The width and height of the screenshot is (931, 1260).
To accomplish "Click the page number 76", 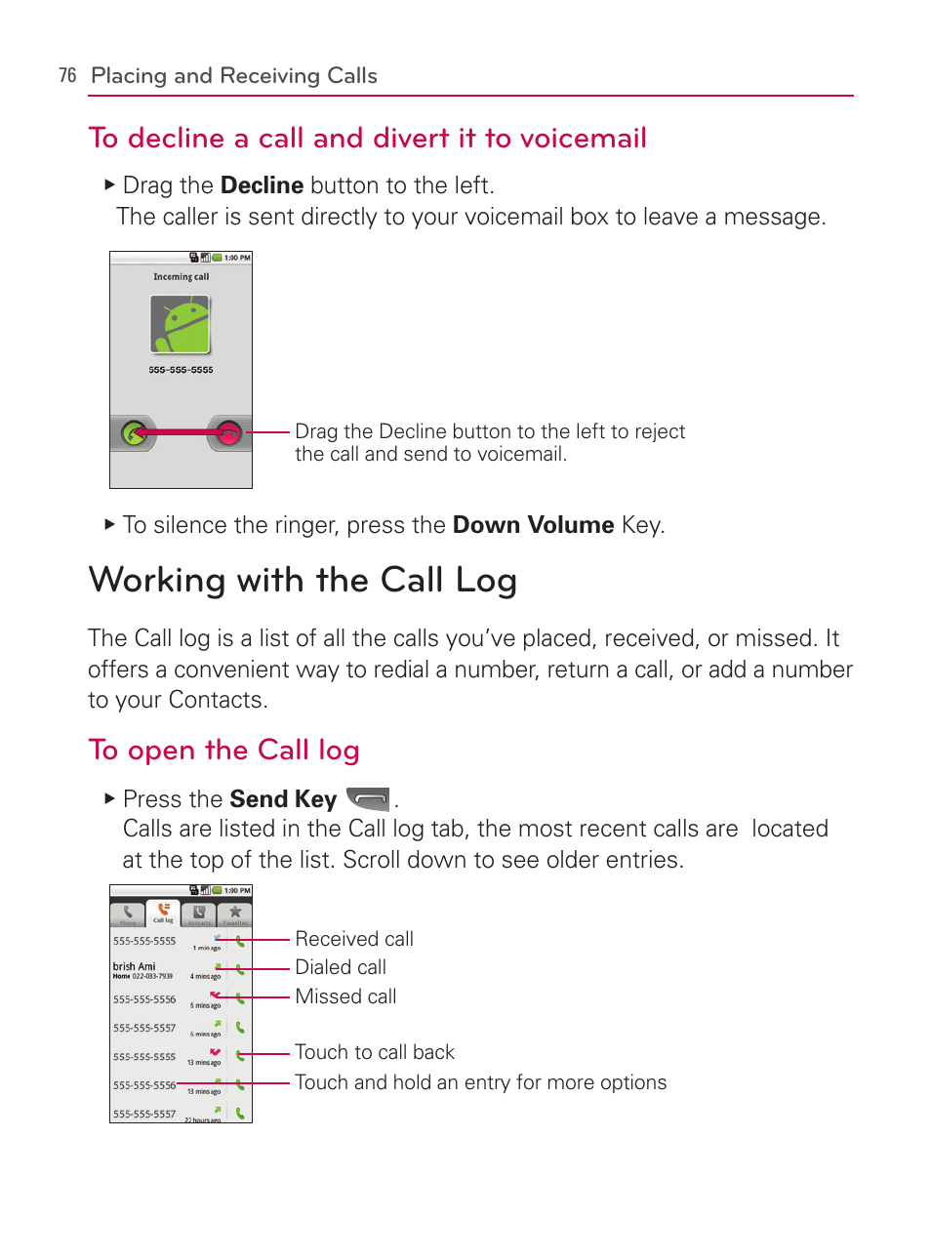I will (x=67, y=76).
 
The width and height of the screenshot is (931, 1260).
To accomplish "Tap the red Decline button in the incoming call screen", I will (x=228, y=432).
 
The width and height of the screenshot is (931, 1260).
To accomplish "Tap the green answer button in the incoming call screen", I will (x=134, y=432).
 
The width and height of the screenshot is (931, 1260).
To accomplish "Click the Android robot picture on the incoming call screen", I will (x=181, y=325).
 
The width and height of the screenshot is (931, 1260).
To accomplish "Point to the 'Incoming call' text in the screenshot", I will (x=181, y=277).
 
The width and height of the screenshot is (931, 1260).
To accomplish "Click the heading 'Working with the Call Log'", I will (x=303, y=580).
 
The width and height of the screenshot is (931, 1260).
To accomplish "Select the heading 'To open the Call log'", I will (x=223, y=750).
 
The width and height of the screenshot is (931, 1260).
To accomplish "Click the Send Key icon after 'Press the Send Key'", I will (x=369, y=799).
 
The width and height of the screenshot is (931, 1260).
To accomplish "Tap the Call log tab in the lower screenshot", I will (x=163, y=913).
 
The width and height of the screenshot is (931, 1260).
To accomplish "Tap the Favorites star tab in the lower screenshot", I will (x=234, y=914).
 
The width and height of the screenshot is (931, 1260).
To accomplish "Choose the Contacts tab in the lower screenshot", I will (x=199, y=914).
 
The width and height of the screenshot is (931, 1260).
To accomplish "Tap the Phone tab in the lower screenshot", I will (x=128, y=914).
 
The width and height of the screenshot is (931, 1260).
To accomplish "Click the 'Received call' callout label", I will (x=354, y=939).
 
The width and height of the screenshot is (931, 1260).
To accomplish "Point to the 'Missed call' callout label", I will (x=345, y=996).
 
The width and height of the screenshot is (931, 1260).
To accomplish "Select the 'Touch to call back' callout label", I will (x=375, y=1052).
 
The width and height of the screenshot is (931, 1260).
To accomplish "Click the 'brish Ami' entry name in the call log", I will (x=134, y=966).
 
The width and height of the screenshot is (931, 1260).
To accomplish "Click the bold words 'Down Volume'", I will (x=533, y=525).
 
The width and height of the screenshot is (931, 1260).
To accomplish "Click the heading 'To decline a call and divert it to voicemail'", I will (x=368, y=139).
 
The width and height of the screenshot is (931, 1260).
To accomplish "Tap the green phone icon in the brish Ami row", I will (x=240, y=970).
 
